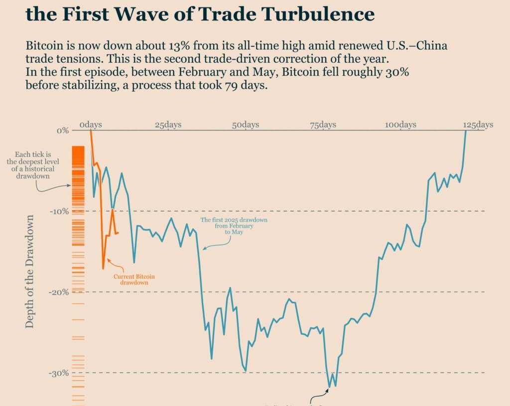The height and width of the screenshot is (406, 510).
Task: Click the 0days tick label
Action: pyautogui.click(x=90, y=125)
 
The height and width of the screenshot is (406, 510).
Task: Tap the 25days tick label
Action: pyautogui.click(x=168, y=125)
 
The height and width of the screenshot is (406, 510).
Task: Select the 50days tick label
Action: pyautogui.click(x=246, y=125)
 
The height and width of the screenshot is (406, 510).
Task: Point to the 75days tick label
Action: pyautogui.click(x=323, y=125)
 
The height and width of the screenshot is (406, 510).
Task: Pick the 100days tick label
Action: pyautogui.click(x=400, y=125)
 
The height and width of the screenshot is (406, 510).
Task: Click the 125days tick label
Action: pyautogui.click(x=478, y=125)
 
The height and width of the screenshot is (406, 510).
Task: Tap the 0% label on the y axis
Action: pyautogui.click(x=62, y=131)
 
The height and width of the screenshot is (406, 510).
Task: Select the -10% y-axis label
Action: pyautogui.click(x=59, y=211)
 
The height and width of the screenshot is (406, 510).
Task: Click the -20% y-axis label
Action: pyautogui.click(x=59, y=292)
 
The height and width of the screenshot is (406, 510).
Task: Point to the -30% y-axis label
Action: pyautogui.click(x=59, y=373)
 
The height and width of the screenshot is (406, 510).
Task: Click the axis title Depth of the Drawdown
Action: pyautogui.click(x=30, y=271)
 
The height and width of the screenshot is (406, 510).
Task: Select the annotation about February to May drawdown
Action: pyautogui.click(x=234, y=226)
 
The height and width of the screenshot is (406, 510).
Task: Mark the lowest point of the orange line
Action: pyautogui.click(x=103, y=269)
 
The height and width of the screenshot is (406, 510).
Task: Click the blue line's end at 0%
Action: pyautogui.click(x=466, y=131)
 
